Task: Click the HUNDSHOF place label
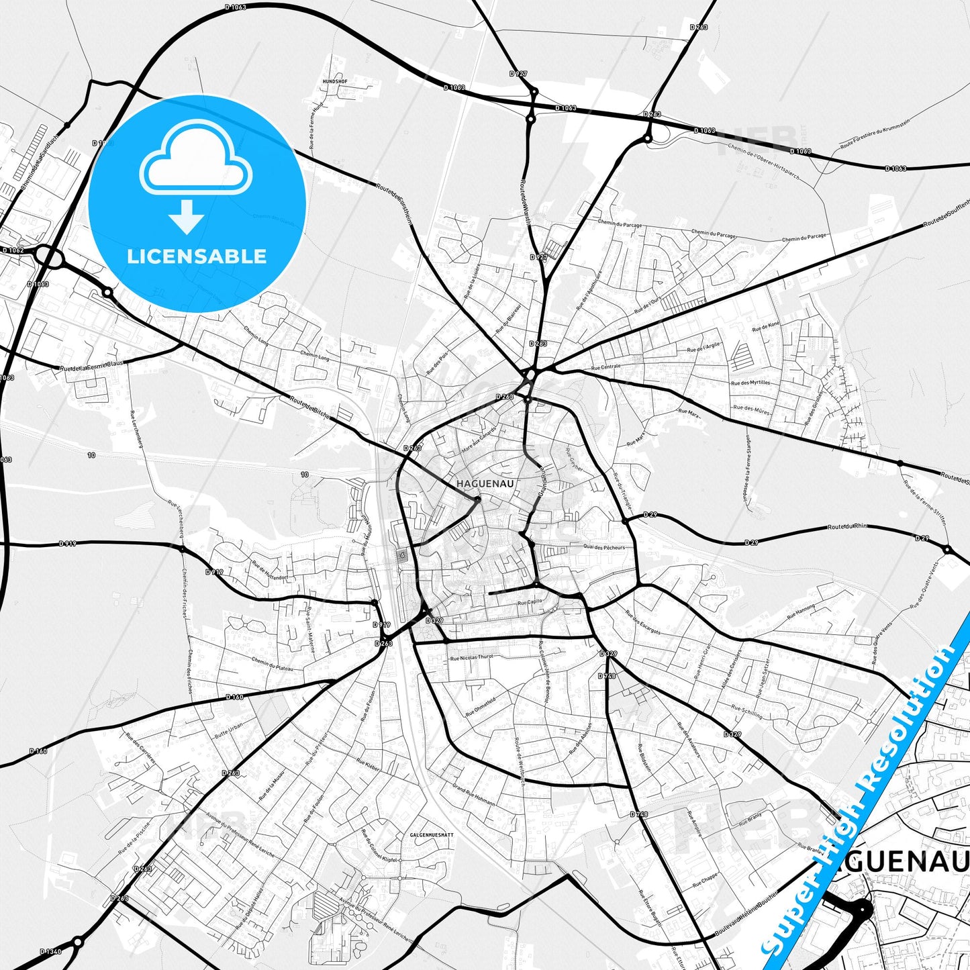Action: click(x=334, y=81)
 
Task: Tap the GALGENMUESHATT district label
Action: click(x=432, y=834)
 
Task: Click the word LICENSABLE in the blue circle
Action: click(x=197, y=256)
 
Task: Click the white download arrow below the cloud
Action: click(x=187, y=216)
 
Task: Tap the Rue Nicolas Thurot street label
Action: click(x=473, y=658)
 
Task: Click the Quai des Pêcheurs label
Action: click(x=603, y=547)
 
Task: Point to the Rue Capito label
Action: click(x=529, y=603)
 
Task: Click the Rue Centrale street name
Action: click(x=605, y=367)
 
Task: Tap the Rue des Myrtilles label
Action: click(x=750, y=383)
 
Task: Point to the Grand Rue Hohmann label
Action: click(x=473, y=795)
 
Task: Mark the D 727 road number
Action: click(x=518, y=72)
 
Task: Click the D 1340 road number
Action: click(x=50, y=951)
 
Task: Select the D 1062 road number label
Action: click(x=13, y=250)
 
